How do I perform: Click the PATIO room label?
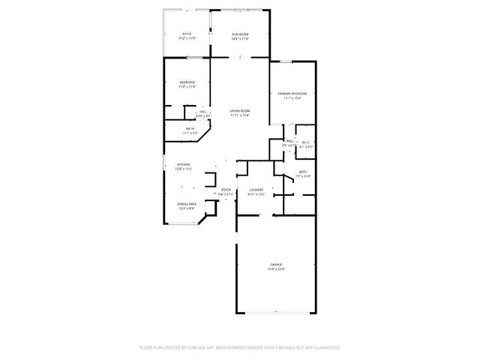pyautogui.click(x=187, y=34)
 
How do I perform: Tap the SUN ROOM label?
pyautogui.click(x=240, y=34)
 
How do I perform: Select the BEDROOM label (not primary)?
pyautogui.click(x=187, y=82)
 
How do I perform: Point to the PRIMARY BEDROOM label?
pyautogui.click(x=292, y=94)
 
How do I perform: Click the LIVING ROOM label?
pyautogui.click(x=240, y=111)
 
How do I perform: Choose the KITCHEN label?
pyautogui.click(x=183, y=164)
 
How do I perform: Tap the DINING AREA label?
pyautogui.click(x=187, y=204)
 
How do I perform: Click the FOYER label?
pyautogui.click(x=225, y=190)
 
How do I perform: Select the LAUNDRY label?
pyautogui.click(x=256, y=190)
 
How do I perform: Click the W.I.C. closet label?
pyautogui.click(x=306, y=142)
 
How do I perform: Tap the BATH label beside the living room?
pyautogui.click(x=190, y=129)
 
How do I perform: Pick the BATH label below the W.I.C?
pyautogui.click(x=303, y=172)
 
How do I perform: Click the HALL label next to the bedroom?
pyautogui.click(x=203, y=112)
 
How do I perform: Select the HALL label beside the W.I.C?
pyautogui.click(x=289, y=141)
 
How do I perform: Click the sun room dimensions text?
pyautogui.click(x=240, y=37)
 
